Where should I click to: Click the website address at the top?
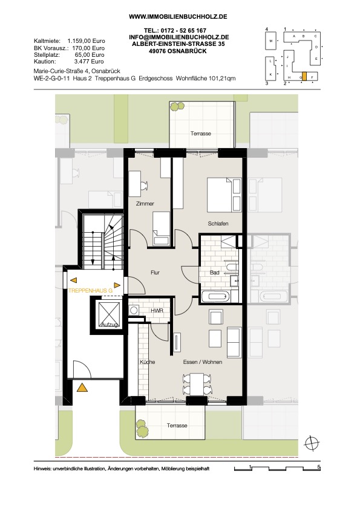click(178, 16)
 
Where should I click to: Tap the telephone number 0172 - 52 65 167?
click(184, 31)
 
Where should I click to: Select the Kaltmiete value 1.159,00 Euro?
click(86, 41)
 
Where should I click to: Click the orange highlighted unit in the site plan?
click(304, 76)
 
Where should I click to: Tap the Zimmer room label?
click(145, 204)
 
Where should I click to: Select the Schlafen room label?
click(218, 224)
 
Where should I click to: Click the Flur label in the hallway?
click(155, 273)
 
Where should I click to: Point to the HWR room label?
click(157, 311)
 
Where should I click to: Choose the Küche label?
click(148, 362)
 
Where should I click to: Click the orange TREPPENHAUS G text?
click(90, 291)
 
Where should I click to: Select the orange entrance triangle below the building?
click(82, 387)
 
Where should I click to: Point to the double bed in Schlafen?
click(224, 195)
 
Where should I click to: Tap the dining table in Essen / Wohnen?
click(197, 384)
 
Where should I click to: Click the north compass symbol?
click(312, 443)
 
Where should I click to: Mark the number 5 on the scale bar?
click(319, 467)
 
